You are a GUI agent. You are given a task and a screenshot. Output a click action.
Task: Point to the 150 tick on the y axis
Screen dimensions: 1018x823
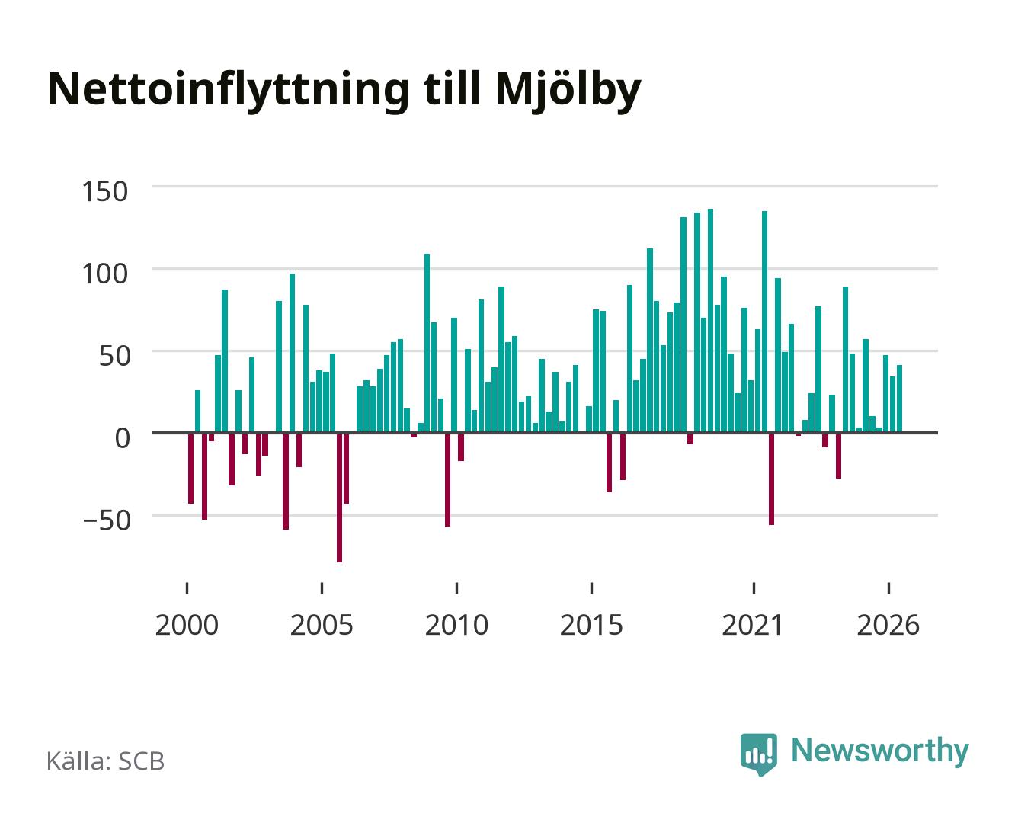click(x=105, y=191)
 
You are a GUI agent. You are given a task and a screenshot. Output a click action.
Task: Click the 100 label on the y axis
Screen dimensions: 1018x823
click(x=105, y=274)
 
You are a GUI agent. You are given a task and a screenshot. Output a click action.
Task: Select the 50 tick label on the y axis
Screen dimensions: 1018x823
click(x=114, y=356)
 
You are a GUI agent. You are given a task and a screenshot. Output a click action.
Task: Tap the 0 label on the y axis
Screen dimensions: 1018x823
click(x=123, y=438)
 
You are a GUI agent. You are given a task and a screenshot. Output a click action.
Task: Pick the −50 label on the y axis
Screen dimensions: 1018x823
click(x=107, y=520)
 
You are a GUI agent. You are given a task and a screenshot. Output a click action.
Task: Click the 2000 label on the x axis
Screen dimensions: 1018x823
click(x=187, y=625)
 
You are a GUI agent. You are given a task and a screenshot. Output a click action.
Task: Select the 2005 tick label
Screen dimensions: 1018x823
click(x=322, y=625)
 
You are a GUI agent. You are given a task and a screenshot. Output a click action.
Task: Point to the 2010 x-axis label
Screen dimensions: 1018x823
click(x=457, y=625)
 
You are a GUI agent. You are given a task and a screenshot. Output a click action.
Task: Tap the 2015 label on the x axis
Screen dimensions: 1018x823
click(x=592, y=625)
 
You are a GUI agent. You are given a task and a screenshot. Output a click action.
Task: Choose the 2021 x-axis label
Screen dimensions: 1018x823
click(x=753, y=625)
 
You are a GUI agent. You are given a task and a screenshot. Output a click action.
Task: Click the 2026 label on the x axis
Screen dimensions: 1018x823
click(x=888, y=625)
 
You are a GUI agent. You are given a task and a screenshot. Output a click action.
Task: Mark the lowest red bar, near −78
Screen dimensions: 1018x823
click(x=339, y=498)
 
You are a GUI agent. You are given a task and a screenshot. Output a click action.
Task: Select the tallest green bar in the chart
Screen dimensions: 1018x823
click(x=710, y=321)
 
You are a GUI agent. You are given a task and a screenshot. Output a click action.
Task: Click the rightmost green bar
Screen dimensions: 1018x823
click(x=899, y=399)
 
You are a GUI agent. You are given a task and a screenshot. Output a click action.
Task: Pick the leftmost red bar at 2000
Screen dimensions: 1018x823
click(x=190, y=469)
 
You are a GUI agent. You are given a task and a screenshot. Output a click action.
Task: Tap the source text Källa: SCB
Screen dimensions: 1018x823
click(x=106, y=761)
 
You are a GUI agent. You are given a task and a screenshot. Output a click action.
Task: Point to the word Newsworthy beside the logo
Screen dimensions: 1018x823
click(x=880, y=751)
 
